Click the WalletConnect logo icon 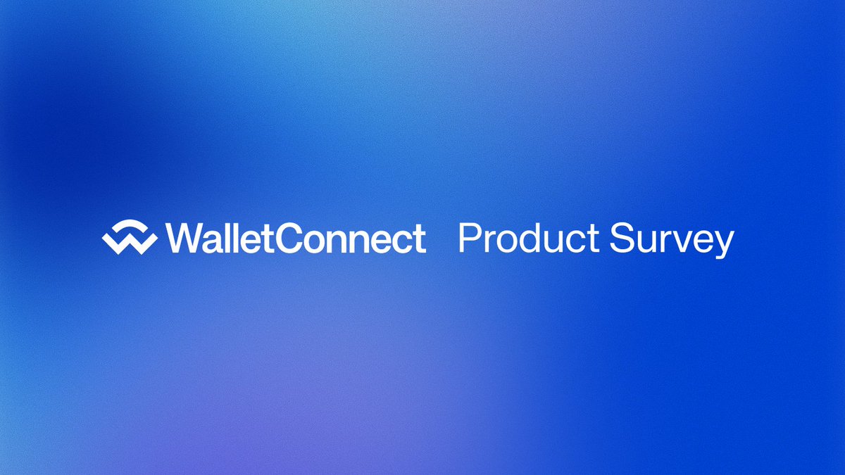point(129,238)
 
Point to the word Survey point(672,239)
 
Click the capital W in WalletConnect point(182,238)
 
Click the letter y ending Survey point(722,243)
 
